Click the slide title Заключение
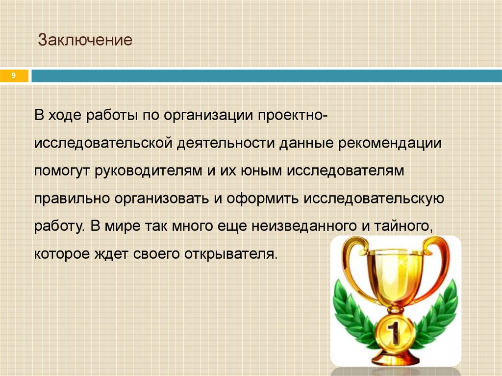coord(86,40)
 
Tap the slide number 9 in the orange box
coord(14,75)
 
